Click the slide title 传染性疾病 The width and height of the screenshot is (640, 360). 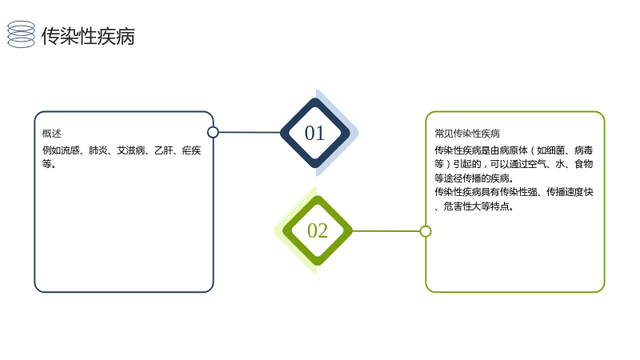coord(88,36)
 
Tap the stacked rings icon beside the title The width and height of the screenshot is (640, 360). coord(22,34)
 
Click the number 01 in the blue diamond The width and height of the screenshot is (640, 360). coord(314,133)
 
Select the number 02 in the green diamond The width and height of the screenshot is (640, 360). coord(318,230)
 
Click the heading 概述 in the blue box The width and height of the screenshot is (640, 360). coord(52,134)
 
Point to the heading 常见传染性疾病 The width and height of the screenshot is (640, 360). coord(467,134)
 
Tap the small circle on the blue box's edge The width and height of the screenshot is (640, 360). coord(213,132)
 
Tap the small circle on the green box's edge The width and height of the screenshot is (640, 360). coord(426,231)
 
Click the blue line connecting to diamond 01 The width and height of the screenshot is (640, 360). coord(250,132)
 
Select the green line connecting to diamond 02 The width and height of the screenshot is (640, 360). coord(386,231)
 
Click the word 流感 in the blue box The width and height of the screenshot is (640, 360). coord(70,150)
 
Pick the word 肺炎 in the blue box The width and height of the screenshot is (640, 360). coord(98,150)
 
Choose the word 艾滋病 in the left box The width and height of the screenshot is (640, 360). coord(130,150)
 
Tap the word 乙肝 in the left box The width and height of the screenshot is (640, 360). coord(164,150)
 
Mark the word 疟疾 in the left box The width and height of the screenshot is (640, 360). coord(191,150)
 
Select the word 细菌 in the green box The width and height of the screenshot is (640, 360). coord(555,150)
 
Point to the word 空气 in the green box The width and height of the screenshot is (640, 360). coord(537,164)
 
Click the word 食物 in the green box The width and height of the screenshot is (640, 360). coord(584,164)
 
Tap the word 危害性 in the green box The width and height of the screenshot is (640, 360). coord(458,206)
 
